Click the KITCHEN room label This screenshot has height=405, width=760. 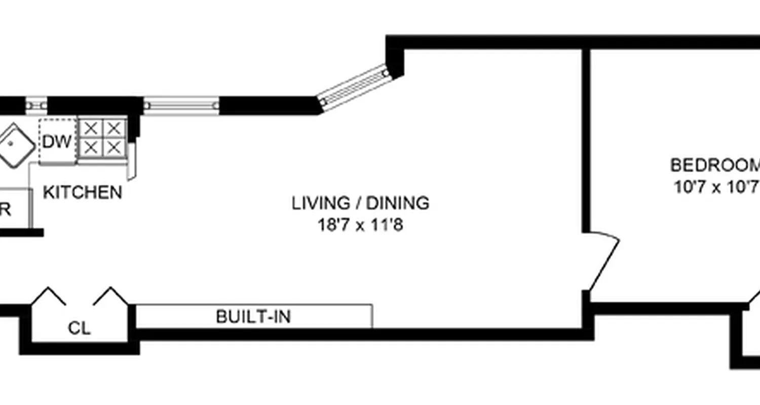tap(82, 193)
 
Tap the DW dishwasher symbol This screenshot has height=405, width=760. tap(57, 142)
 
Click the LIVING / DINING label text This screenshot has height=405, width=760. tap(360, 203)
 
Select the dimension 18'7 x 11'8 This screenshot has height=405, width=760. tap(360, 224)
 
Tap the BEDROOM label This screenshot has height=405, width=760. tap(715, 166)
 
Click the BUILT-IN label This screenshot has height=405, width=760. tap(253, 317)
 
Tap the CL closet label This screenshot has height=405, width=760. tap(79, 329)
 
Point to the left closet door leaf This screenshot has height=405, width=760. tap(50, 296)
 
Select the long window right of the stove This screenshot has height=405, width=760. tap(181, 106)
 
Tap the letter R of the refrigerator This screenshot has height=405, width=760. tap(6, 210)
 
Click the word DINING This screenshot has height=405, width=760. tap(398, 203)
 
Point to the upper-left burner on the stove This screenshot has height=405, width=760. tap(91, 128)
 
